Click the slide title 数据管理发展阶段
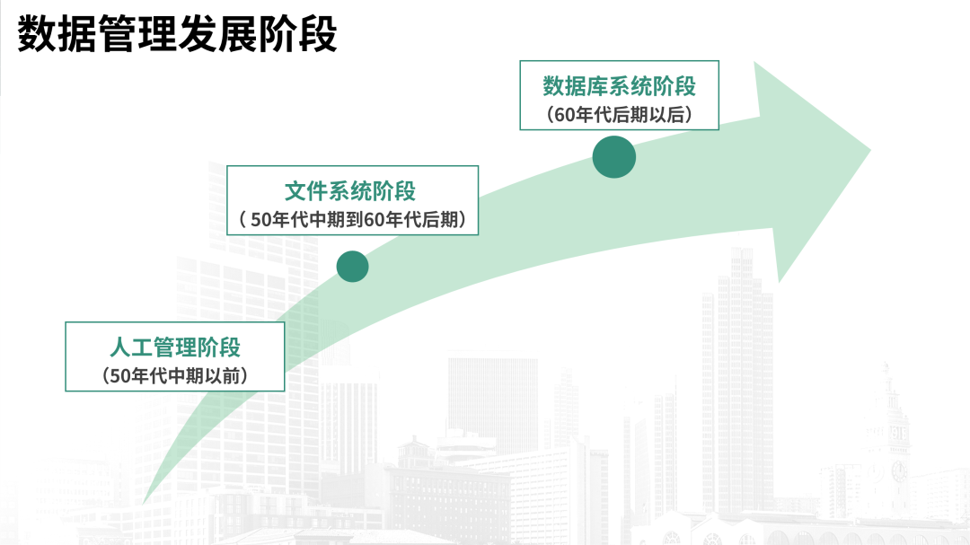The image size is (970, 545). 177,34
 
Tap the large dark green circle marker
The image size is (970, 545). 614,156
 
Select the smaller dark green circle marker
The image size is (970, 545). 352,266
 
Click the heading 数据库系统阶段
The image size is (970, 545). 619,86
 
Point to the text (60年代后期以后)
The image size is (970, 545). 619,115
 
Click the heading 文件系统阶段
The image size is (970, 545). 350,190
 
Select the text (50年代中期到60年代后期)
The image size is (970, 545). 352,219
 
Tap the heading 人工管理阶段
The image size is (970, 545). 175,347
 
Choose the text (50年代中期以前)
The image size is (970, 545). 175,376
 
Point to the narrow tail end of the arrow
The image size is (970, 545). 145,499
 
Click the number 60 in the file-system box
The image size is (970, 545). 374,220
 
